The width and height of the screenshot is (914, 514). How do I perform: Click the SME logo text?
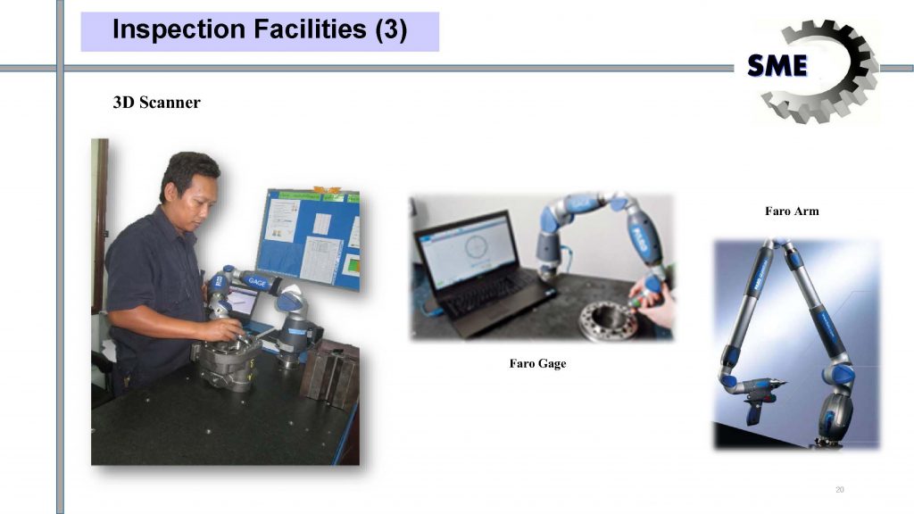[777, 65]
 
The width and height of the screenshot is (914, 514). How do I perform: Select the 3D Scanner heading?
[156, 103]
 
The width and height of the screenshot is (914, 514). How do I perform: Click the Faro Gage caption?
[537, 364]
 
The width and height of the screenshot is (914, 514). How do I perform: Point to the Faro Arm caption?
[792, 211]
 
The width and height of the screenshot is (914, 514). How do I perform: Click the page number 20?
[839, 490]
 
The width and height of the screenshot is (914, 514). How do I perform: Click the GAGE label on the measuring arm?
[257, 282]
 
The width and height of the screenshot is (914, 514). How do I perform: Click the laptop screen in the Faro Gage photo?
[466, 250]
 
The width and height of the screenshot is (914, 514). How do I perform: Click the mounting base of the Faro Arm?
[831, 438]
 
